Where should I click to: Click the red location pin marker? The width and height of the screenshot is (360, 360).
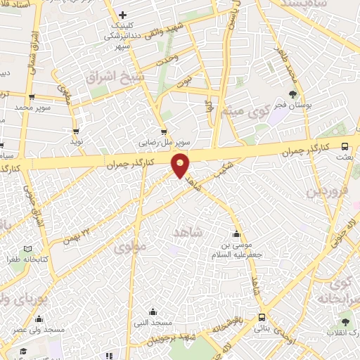pos(181,165)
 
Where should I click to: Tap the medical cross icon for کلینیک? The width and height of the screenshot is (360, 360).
pos(122,15)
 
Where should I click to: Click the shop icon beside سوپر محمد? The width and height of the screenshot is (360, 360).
pos(32,98)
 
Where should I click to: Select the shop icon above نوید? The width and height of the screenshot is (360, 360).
pos(76,131)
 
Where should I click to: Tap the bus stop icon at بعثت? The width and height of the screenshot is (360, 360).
pos(345,146)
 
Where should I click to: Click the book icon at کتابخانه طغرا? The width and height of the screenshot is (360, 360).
pos(27,249)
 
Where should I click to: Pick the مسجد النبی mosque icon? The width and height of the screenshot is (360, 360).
pos(153,312)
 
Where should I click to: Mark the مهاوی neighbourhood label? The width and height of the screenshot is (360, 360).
pos(128,247)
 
